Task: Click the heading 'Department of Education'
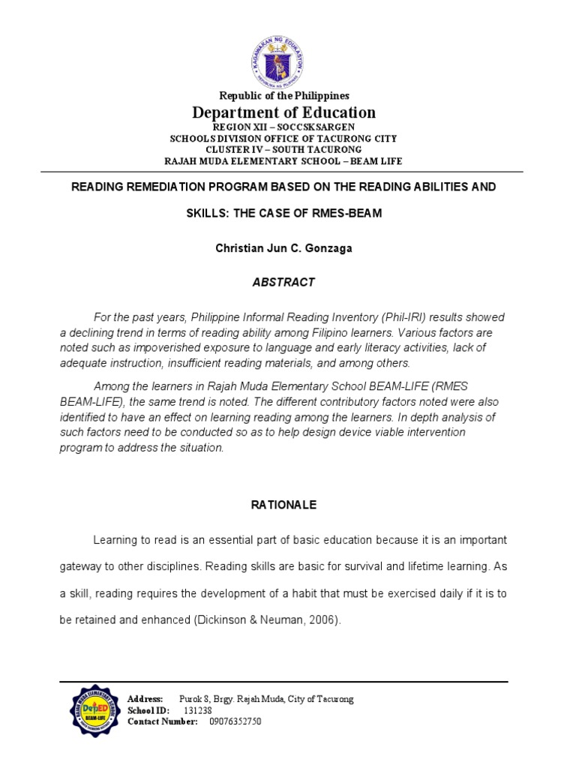point(283,112)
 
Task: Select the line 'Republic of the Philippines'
point(283,96)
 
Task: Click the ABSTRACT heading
point(283,283)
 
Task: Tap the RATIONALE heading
point(283,505)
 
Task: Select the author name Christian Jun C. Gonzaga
point(283,248)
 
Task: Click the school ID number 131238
point(197,710)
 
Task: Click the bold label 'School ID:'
point(148,710)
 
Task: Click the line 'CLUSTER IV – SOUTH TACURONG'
point(283,149)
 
